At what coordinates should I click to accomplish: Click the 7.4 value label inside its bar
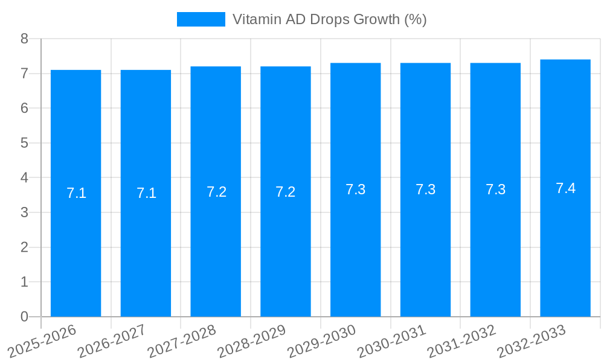click(565, 188)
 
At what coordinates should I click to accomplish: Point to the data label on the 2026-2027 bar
click(146, 193)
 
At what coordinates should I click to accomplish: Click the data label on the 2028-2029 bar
click(285, 192)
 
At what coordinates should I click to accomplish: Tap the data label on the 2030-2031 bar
click(425, 189)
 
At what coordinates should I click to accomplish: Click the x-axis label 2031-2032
click(462, 341)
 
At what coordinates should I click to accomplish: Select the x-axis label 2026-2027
click(112, 341)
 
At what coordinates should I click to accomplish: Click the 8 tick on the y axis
click(24, 39)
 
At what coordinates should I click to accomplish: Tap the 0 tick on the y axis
click(24, 317)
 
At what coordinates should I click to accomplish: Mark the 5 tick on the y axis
click(24, 143)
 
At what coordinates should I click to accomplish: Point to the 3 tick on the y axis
click(24, 212)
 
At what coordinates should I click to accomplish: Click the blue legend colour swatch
click(201, 19)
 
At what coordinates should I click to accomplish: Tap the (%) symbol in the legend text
click(415, 19)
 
